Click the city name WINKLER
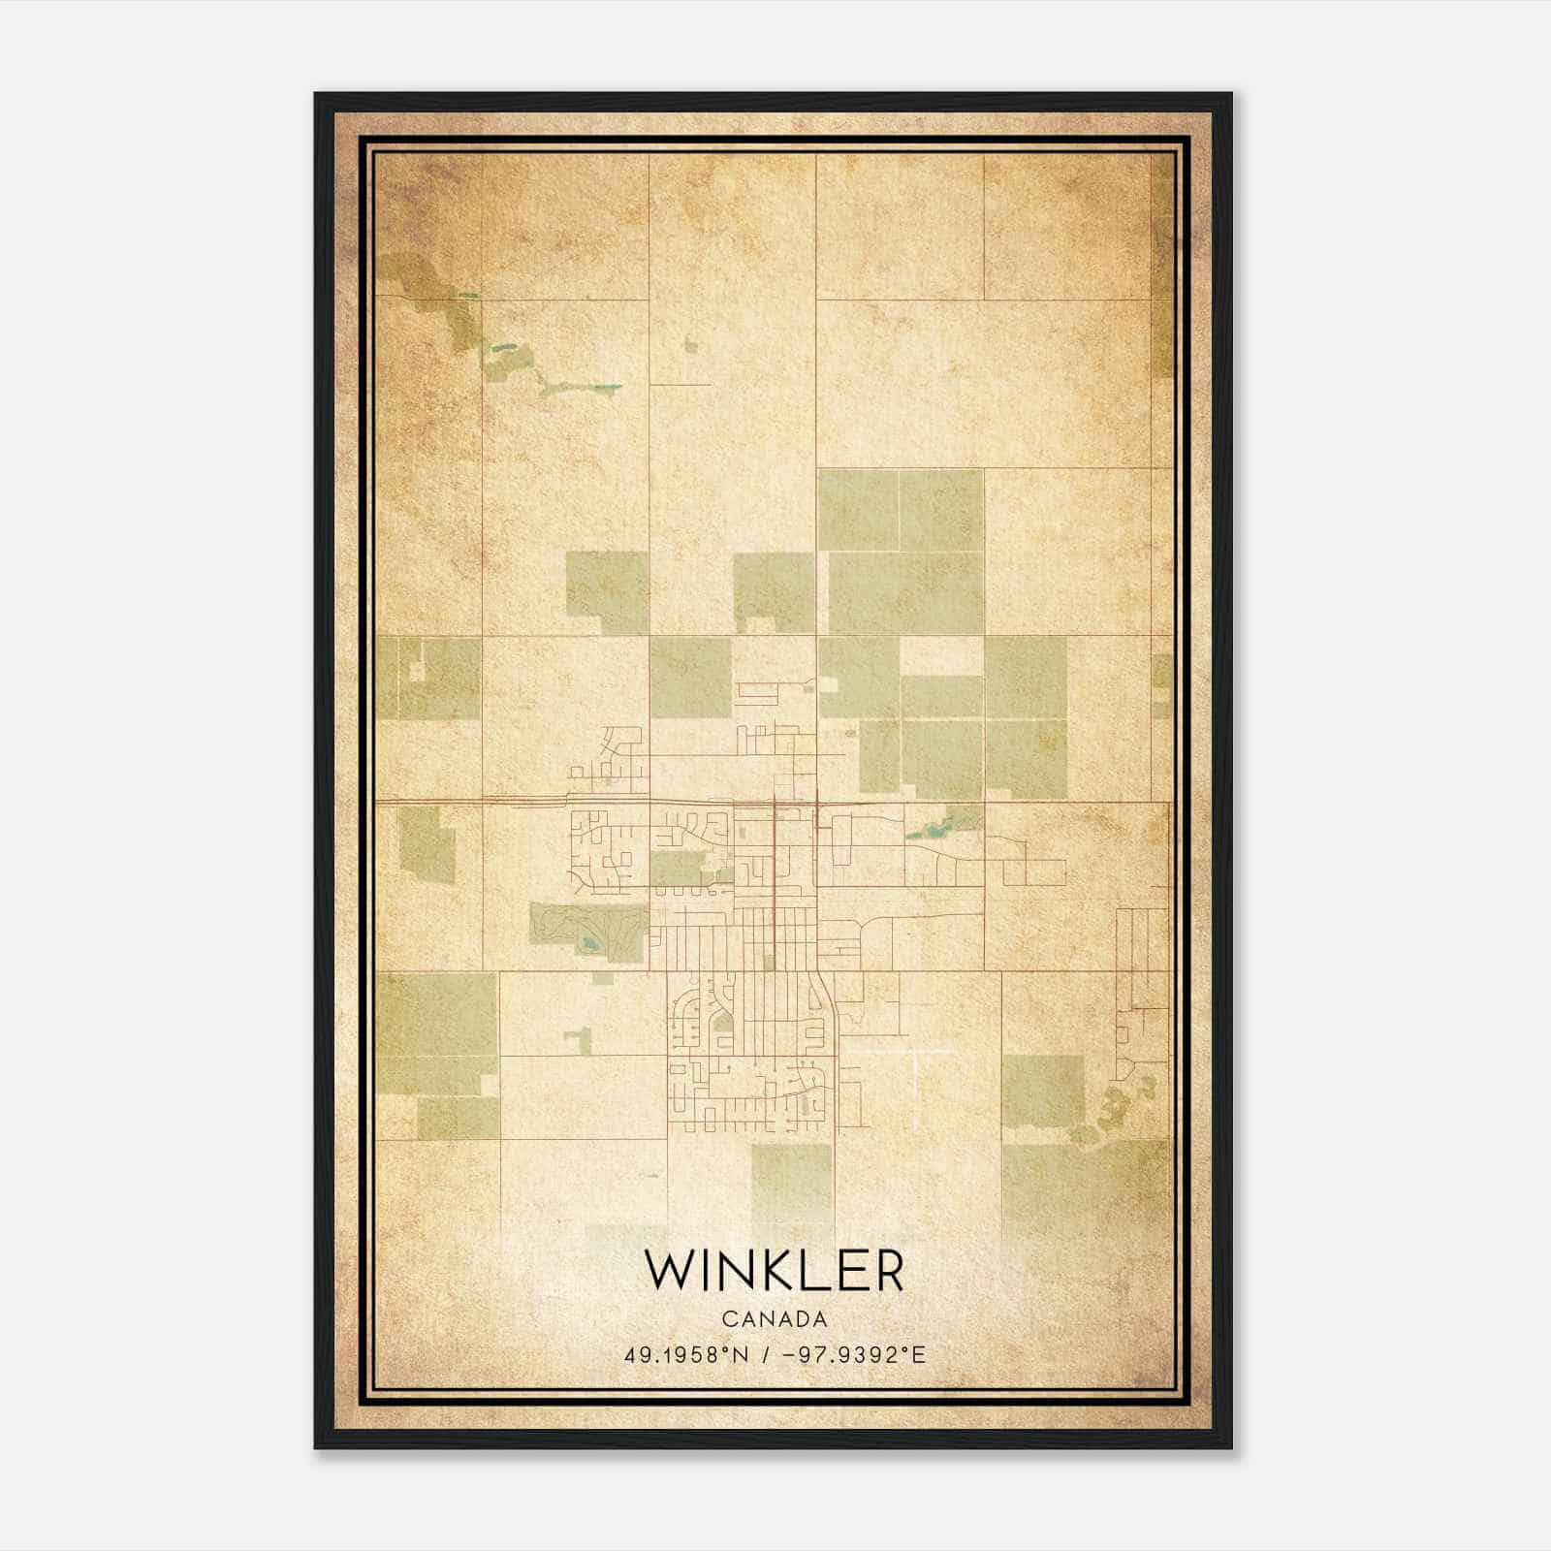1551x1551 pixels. point(775,1271)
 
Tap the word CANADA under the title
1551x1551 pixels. point(775,1319)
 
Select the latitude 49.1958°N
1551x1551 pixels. point(686,1354)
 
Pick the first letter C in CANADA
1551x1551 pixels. point(728,1319)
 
